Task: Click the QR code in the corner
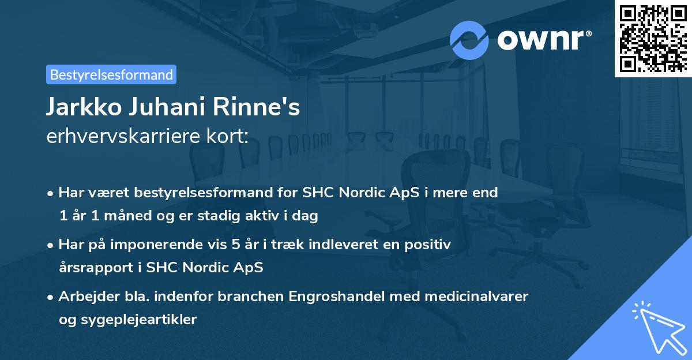(653, 39)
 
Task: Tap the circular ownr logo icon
(469, 40)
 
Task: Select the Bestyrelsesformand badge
(111, 74)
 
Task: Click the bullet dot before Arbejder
(51, 297)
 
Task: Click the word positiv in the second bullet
(430, 245)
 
